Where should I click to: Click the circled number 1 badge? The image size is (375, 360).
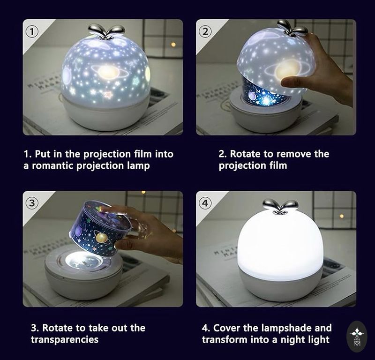(x=32, y=31)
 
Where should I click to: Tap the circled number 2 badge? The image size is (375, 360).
(x=205, y=31)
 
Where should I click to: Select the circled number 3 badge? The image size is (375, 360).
(x=32, y=203)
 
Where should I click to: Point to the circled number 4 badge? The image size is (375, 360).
(x=205, y=203)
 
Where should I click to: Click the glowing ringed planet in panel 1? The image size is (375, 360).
(x=107, y=71)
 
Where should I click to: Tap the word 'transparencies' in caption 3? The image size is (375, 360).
(x=65, y=340)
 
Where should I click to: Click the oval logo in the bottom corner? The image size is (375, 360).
(x=357, y=337)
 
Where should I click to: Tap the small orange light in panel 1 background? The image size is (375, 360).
(x=173, y=45)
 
